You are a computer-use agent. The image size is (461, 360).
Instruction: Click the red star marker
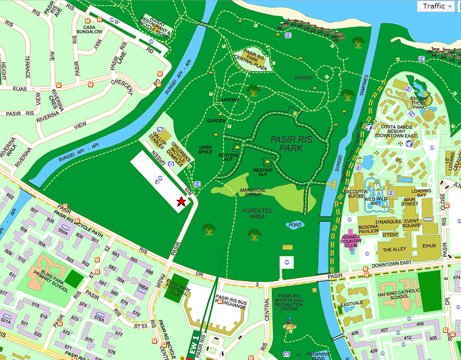[x=181, y=202]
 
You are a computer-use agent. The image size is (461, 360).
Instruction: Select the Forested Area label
[x=257, y=214]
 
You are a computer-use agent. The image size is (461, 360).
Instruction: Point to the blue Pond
[x=295, y=225]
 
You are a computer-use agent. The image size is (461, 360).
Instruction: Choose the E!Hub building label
[x=429, y=245]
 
